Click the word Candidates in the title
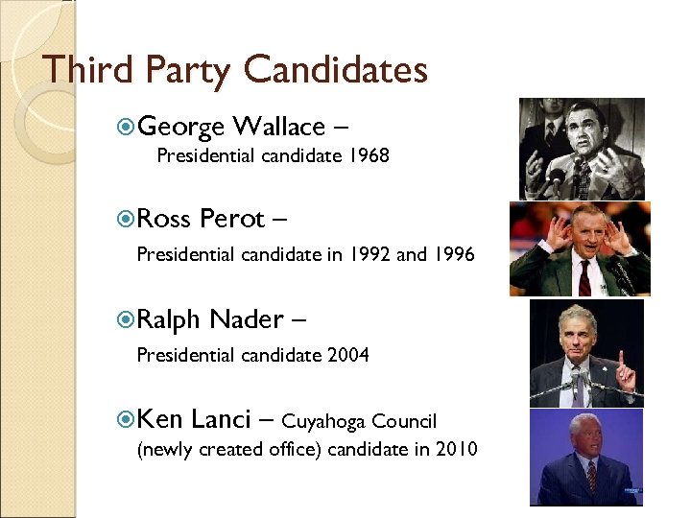click(x=335, y=70)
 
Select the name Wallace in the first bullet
click(x=278, y=127)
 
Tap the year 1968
click(x=369, y=155)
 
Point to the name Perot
click(x=231, y=219)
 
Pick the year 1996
click(x=454, y=255)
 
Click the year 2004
click(x=348, y=356)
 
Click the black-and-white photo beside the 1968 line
click(x=582, y=149)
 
